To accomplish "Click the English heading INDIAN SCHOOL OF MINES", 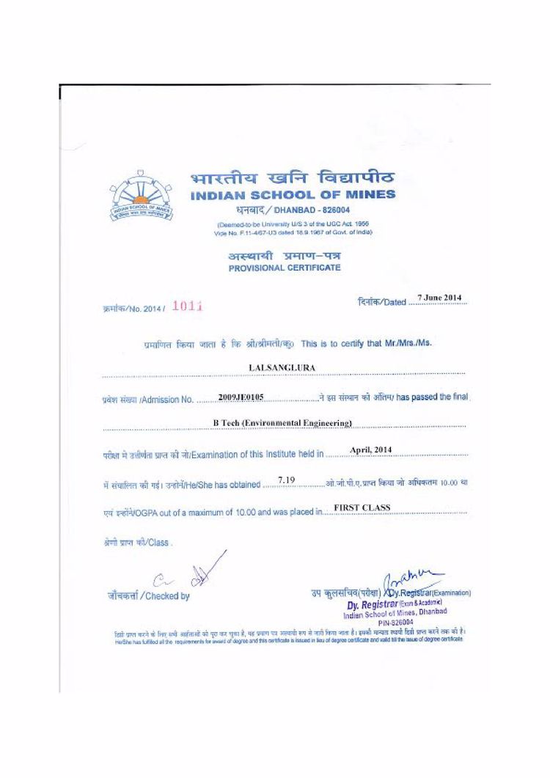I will click(293, 195).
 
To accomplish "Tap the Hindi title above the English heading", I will click(292, 178).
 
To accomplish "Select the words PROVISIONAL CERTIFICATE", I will click(285, 268).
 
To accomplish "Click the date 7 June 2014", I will click(440, 298).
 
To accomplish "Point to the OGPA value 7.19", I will click(286, 480).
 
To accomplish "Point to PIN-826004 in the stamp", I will click(396, 622).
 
